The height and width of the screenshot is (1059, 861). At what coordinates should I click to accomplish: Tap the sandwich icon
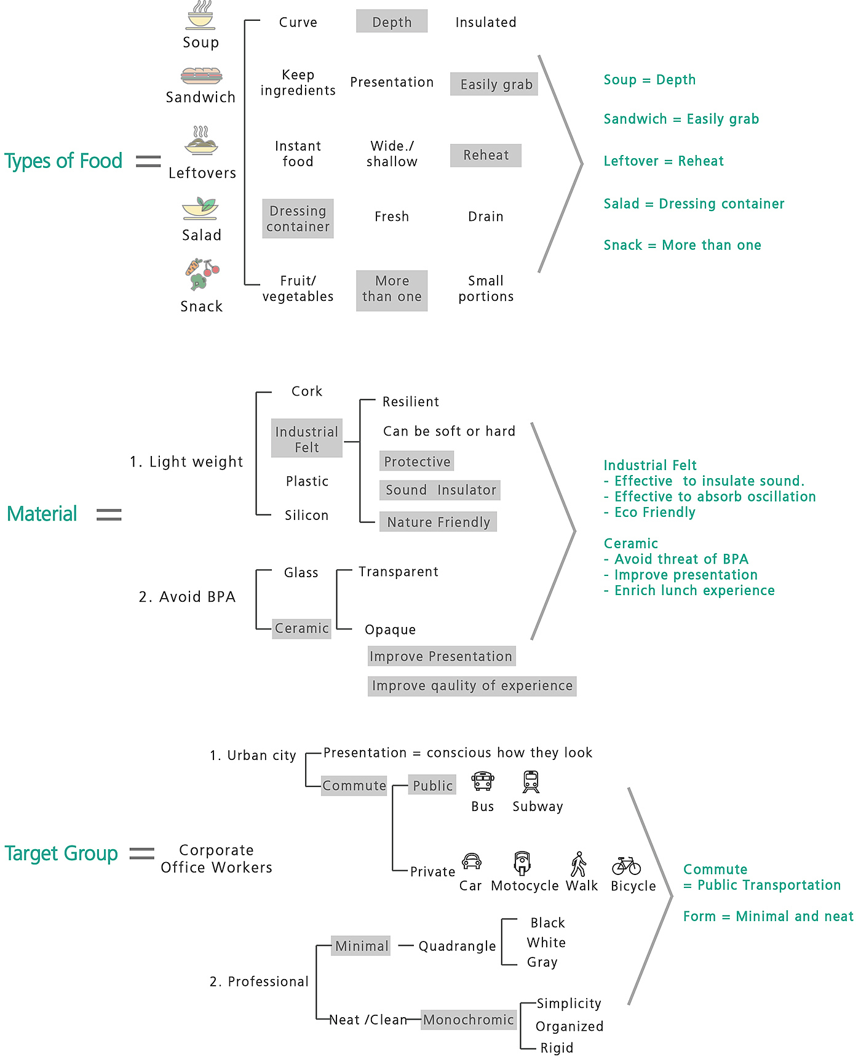[x=201, y=76]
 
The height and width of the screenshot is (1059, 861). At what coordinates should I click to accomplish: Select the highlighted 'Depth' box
[x=392, y=22]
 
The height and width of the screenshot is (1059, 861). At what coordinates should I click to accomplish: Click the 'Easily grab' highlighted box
[x=494, y=84]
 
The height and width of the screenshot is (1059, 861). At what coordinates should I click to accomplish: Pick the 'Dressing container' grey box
[x=298, y=218]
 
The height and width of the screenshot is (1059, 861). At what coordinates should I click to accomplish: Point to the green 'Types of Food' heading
[x=63, y=161]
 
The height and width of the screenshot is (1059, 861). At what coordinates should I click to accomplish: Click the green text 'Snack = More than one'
[x=682, y=245]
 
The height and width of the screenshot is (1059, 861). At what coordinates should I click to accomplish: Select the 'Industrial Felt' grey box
[x=307, y=439]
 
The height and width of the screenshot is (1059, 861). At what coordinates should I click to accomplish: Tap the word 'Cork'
[x=307, y=391]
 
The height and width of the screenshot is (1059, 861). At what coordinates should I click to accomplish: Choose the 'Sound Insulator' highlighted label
[x=440, y=490]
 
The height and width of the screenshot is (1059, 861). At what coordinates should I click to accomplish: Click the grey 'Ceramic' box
[x=302, y=628]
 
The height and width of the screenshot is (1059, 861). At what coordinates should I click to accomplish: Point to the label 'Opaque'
[x=391, y=629]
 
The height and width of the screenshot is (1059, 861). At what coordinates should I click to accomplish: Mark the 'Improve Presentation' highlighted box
[x=441, y=656]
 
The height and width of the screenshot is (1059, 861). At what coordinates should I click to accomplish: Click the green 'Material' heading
[x=42, y=514]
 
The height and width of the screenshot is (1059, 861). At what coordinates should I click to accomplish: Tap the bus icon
[x=483, y=781]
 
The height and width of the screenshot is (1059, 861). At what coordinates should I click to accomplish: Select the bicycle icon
[x=627, y=866]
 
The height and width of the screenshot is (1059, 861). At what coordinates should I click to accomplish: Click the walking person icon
[x=579, y=864]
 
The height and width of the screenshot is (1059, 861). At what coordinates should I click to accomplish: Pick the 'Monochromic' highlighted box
[x=469, y=1020]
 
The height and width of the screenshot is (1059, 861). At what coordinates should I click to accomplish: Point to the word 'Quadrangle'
[x=457, y=946]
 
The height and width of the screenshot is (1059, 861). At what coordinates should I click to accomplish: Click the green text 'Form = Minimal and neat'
[x=768, y=916]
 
